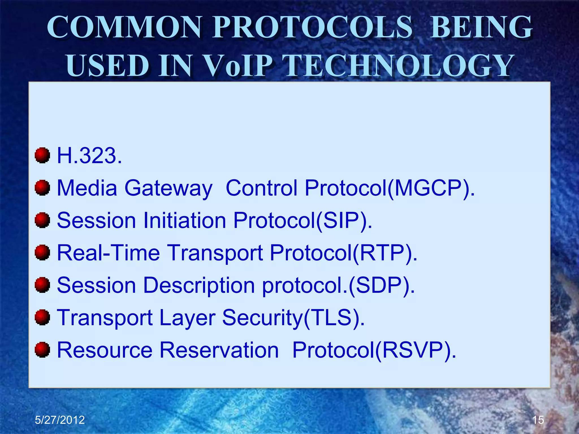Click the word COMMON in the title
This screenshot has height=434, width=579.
click(124, 27)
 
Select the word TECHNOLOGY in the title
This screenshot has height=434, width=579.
click(399, 66)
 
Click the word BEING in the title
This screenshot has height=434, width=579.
click(481, 27)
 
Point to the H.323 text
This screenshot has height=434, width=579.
click(89, 155)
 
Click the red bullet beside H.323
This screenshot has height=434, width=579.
click(42, 155)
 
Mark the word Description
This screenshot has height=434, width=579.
click(199, 285)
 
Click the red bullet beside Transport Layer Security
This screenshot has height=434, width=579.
click(42, 317)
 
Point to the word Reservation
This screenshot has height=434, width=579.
click(219, 350)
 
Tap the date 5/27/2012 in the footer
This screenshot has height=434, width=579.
click(60, 420)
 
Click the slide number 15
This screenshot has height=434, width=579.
click(538, 420)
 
